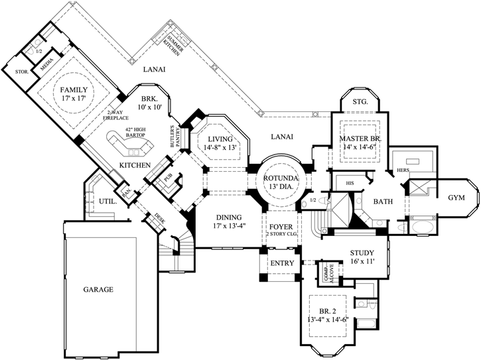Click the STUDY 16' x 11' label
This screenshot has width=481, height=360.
coord(361,257)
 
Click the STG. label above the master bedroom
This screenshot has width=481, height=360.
coord(360,102)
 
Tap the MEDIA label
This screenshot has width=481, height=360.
coord(46,67)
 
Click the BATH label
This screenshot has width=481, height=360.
coord(382,201)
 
